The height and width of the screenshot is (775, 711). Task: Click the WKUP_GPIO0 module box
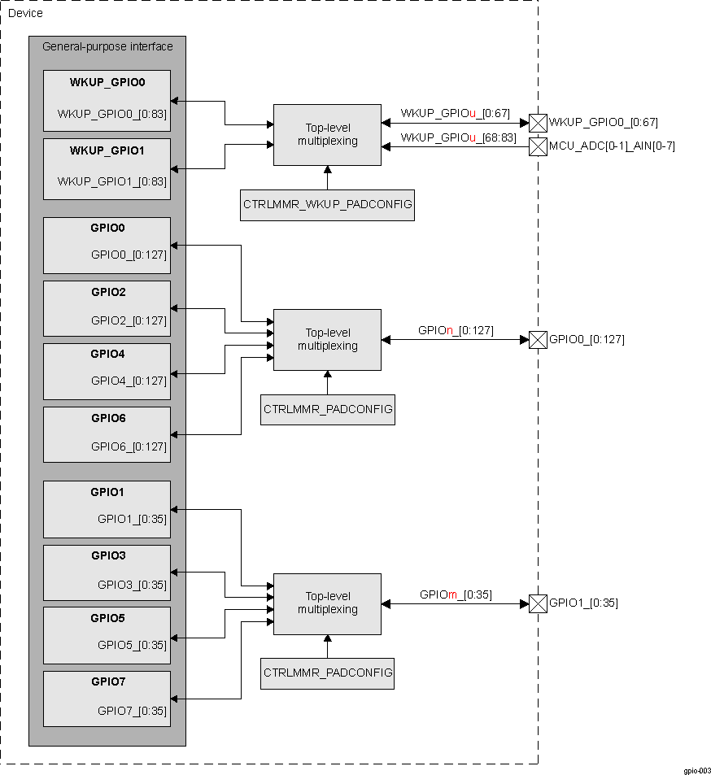click(x=107, y=100)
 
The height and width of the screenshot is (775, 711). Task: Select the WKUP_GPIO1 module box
click(x=107, y=168)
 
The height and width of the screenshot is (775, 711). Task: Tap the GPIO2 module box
click(x=107, y=308)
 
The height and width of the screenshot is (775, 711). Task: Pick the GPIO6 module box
click(x=107, y=434)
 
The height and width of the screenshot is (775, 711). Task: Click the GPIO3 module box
click(x=107, y=573)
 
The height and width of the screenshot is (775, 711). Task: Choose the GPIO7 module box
click(x=107, y=699)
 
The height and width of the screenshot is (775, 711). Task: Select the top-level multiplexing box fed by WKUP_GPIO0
click(x=327, y=135)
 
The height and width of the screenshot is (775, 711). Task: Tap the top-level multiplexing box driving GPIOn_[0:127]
click(x=327, y=339)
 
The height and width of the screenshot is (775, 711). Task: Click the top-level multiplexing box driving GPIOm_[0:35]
click(x=327, y=603)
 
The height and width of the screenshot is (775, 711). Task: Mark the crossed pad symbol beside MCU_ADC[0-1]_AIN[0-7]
click(x=538, y=146)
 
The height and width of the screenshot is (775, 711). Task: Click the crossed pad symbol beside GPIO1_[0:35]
click(x=538, y=603)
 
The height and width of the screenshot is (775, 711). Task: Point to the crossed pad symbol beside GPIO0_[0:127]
click(x=538, y=339)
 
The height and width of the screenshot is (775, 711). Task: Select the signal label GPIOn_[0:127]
click(x=456, y=330)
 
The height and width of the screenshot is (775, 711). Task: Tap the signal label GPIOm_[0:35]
click(x=456, y=594)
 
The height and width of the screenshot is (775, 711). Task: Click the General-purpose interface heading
click(x=107, y=46)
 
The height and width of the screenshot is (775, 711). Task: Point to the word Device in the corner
click(x=25, y=13)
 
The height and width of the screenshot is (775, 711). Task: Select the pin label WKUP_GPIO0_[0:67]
click(x=603, y=123)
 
